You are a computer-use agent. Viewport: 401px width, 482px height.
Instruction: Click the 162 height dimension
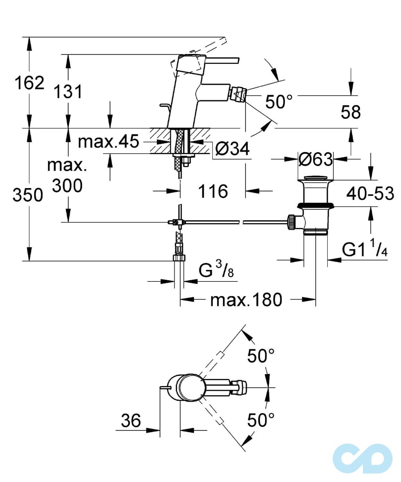pyautogui.click(x=29, y=83)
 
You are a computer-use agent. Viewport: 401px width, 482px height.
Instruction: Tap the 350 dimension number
pyautogui.click(x=28, y=195)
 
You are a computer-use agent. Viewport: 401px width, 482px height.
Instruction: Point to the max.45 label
pyautogui.click(x=108, y=141)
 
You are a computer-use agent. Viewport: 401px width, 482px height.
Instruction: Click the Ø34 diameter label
pyautogui.click(x=232, y=148)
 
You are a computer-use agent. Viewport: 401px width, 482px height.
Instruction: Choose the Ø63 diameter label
pyautogui.click(x=316, y=159)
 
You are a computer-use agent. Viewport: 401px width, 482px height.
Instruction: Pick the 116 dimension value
pyautogui.click(x=213, y=191)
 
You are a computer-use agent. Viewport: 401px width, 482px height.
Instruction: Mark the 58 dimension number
pyautogui.click(x=351, y=112)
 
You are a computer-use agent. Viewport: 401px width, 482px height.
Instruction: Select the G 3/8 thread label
pyautogui.click(x=216, y=271)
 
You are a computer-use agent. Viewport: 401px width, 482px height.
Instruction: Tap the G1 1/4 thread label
pyautogui.click(x=365, y=250)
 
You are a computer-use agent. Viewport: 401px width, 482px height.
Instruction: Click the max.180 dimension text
pyautogui.click(x=246, y=300)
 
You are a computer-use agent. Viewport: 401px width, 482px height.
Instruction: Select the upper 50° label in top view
pyautogui.click(x=261, y=356)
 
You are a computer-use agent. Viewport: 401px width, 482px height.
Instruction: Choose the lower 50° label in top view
pyautogui.click(x=261, y=420)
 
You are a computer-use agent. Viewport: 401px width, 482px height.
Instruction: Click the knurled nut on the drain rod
pyautogui.click(x=292, y=222)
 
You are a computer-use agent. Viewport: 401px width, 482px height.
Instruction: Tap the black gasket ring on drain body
pyautogui.click(x=316, y=205)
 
